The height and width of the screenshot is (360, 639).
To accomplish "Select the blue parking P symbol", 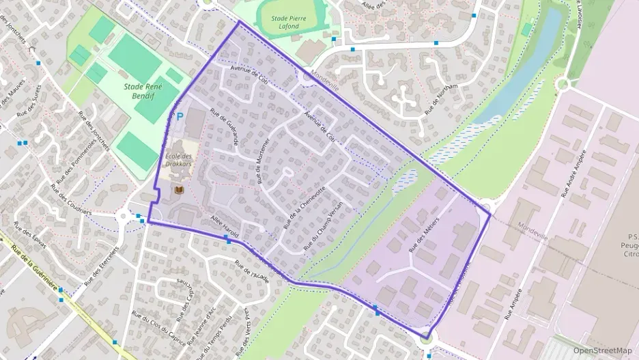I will click(x=180, y=117).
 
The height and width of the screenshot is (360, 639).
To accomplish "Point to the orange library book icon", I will click(x=179, y=189).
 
